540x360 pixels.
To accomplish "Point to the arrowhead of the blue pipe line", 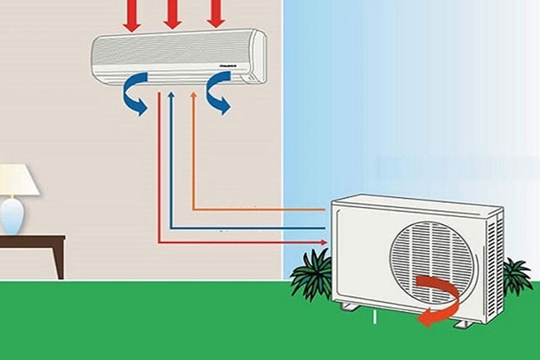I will (172, 95).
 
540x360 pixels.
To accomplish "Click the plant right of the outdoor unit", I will (516, 276).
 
